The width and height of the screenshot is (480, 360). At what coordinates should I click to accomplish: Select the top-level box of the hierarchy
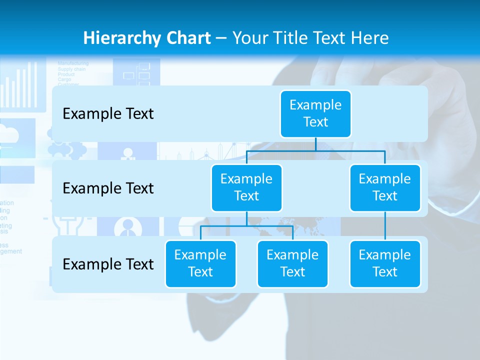click(315, 113)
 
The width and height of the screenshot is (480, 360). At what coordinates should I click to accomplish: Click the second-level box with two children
click(246, 187)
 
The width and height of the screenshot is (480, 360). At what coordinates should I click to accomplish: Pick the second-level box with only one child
click(385, 187)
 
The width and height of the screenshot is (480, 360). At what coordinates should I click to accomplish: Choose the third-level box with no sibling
click(385, 263)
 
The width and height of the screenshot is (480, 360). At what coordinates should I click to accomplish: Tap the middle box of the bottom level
click(292, 263)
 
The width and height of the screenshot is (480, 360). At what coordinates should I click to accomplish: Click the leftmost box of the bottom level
click(200, 263)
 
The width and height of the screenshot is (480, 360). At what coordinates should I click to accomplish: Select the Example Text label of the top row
click(108, 114)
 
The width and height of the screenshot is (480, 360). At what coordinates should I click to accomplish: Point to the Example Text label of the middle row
click(108, 188)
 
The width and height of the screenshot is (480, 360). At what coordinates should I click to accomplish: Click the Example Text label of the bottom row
click(108, 264)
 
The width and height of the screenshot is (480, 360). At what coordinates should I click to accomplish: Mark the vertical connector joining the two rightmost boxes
click(385, 226)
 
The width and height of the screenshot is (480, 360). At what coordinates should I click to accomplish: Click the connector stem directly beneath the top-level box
click(315, 144)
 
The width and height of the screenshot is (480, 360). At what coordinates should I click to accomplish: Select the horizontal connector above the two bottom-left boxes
click(246, 226)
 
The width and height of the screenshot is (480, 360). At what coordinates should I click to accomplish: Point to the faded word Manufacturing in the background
click(73, 63)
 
